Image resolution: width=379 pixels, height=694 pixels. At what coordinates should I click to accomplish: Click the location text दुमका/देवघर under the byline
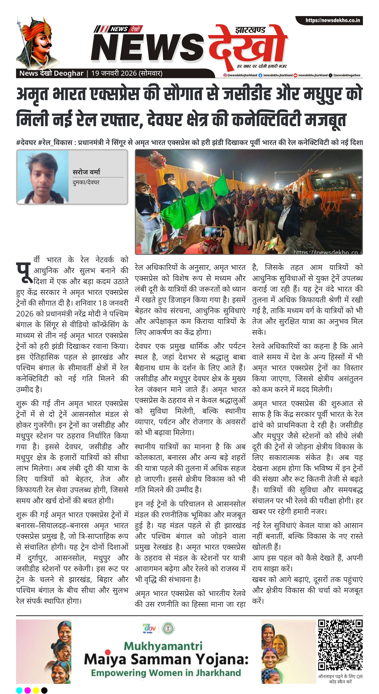tap(86, 182)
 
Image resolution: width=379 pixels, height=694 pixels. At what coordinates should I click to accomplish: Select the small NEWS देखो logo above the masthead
tap(119, 29)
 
